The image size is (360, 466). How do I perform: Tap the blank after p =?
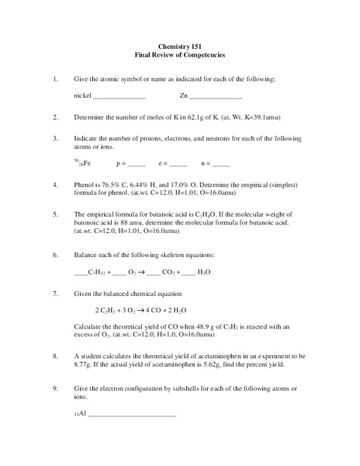(x=136, y=165)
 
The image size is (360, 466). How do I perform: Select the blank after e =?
(x=178, y=165)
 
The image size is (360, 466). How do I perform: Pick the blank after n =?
(x=220, y=165)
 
